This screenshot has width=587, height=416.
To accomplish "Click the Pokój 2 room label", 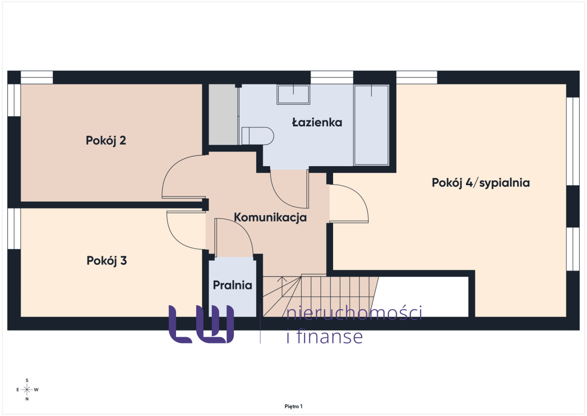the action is (106, 141).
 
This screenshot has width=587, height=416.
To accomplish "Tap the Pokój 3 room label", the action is (107, 261).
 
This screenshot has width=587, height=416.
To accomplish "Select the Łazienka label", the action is (317, 122).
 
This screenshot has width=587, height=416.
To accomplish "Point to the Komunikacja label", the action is (270, 218).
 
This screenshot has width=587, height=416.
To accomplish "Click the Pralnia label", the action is (232, 285).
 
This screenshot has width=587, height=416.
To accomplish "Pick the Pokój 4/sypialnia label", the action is (481, 183).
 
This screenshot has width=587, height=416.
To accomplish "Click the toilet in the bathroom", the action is (257, 136).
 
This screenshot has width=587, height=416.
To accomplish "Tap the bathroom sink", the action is (293, 94).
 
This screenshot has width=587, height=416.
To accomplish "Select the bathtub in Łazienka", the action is (371, 125).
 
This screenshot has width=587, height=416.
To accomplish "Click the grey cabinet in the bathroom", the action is (223, 115).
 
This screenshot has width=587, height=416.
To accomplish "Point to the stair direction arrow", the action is (282, 286).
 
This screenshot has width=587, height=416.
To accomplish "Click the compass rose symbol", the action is (27, 390).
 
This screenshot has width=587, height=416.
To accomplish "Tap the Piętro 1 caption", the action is (293, 407).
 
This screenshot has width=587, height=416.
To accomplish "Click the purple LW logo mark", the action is (201, 324).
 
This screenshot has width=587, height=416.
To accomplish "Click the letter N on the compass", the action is (27, 399).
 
